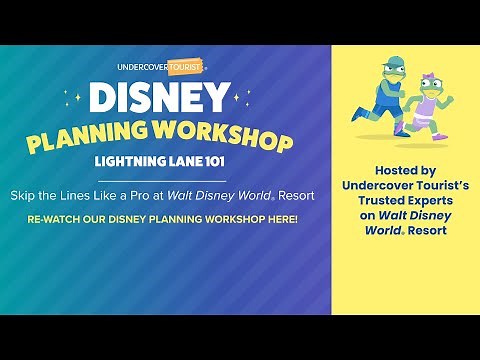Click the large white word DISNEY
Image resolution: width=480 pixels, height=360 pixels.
(160, 97)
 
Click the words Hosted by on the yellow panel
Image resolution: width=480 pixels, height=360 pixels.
(405, 171)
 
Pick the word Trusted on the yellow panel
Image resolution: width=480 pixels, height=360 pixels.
(379, 201)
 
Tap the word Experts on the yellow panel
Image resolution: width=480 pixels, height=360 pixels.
(429, 201)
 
